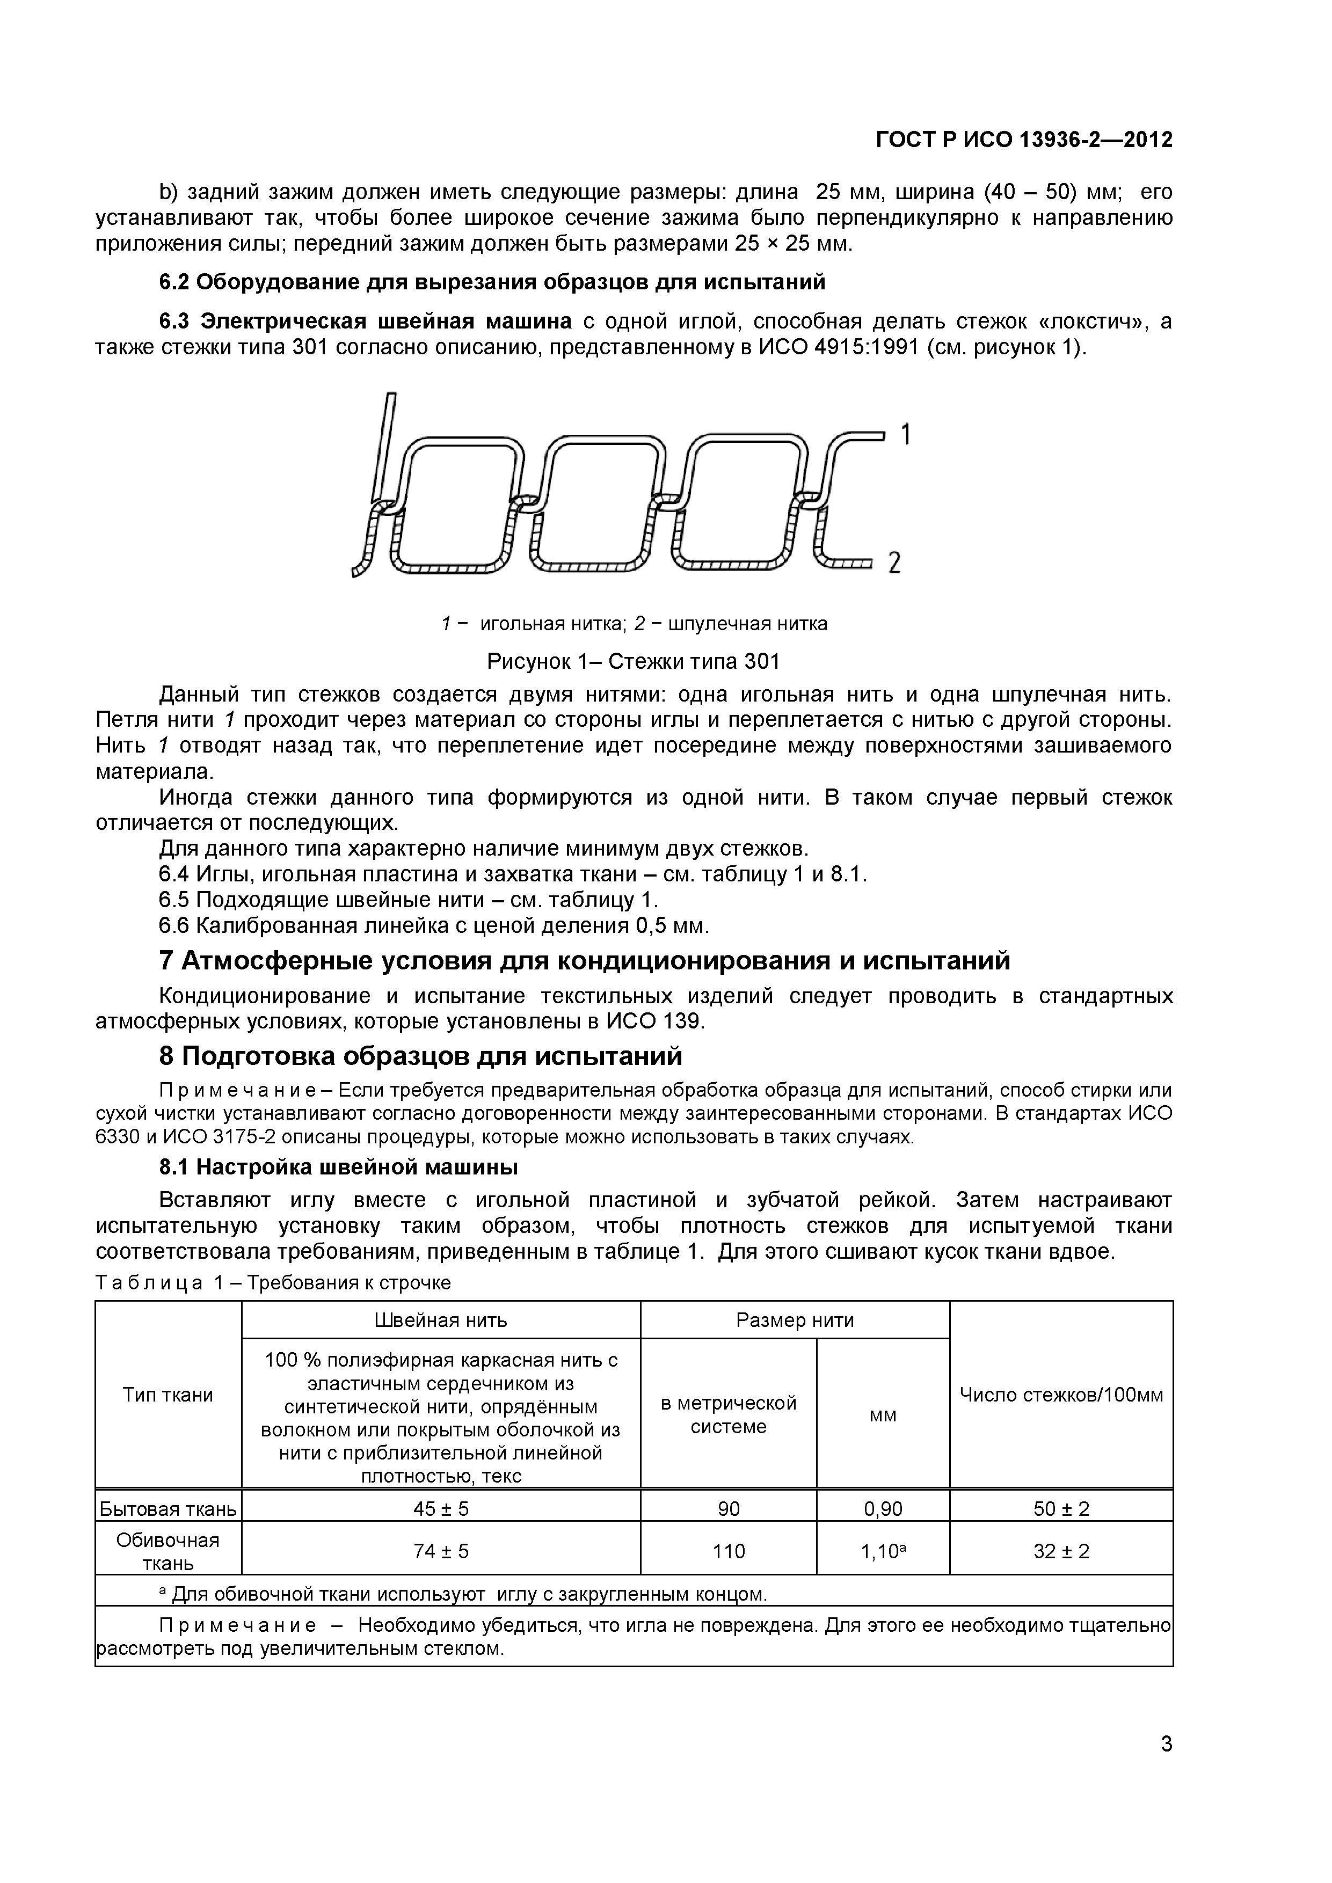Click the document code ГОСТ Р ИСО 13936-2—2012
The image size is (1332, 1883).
(x=1024, y=140)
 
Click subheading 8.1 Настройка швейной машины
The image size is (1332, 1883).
(x=338, y=1166)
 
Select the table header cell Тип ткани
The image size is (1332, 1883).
(x=168, y=1395)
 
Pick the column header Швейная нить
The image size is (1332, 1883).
(x=440, y=1320)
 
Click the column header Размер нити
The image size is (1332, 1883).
(x=795, y=1320)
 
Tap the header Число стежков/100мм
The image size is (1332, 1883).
(x=1061, y=1395)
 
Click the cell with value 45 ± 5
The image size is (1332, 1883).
(x=440, y=1509)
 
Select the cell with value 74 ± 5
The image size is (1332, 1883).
(x=440, y=1552)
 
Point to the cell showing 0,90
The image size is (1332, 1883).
(x=883, y=1509)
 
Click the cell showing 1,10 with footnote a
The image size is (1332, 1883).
(x=883, y=1552)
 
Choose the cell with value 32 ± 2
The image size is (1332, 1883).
(x=1061, y=1552)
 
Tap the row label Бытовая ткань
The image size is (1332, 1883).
(x=168, y=1509)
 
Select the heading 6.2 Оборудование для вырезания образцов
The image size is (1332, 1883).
(x=492, y=282)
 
